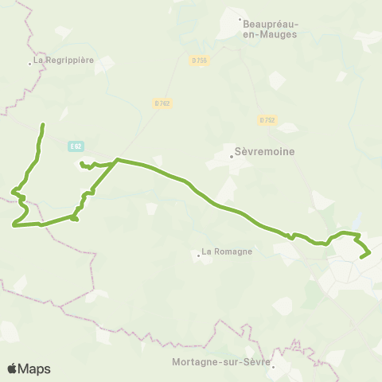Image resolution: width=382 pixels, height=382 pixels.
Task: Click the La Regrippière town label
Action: tap(64, 60)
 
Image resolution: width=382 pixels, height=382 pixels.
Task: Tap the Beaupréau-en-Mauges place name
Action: tap(268, 29)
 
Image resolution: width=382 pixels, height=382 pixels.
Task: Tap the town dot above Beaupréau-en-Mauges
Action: tap(240, 20)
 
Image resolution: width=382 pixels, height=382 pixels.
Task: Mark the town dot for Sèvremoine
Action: tap(232, 156)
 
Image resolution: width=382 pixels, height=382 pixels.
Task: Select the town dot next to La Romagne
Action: tap(198, 255)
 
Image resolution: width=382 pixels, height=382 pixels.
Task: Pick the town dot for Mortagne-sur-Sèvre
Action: tap(271, 367)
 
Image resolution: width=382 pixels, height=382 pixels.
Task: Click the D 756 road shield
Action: tap(199, 60)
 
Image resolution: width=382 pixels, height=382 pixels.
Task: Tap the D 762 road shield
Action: tap(162, 103)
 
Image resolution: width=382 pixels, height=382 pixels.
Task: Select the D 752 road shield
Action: tap(267, 120)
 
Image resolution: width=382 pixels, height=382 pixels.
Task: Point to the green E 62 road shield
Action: tap(76, 146)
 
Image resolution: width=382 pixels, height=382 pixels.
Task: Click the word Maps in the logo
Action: tap(35, 368)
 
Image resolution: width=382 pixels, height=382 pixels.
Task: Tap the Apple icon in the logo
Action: tap(13, 368)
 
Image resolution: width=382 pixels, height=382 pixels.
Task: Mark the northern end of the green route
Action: tap(42, 125)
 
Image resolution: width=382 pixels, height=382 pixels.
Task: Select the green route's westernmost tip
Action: tap(14, 225)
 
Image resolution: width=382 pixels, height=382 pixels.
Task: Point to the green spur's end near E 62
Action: tap(80, 163)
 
